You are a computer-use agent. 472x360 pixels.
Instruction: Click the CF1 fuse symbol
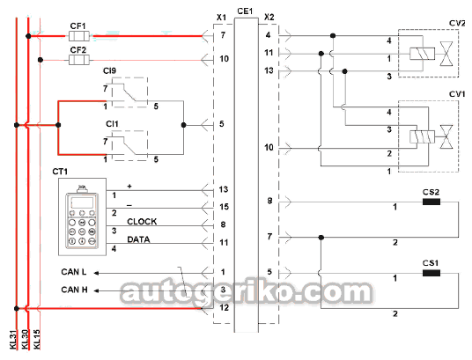point(79,36)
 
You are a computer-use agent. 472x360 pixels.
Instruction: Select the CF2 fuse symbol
point(79,60)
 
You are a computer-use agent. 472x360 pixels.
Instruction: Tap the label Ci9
point(109,70)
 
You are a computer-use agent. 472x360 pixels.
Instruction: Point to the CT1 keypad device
point(82,217)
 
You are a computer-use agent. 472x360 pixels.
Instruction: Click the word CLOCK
point(142,222)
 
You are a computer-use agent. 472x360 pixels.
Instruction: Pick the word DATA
point(138,239)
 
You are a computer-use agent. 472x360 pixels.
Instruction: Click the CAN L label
point(74,272)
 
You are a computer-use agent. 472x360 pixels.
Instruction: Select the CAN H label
point(74,290)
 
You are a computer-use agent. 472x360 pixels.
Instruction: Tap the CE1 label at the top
point(245,11)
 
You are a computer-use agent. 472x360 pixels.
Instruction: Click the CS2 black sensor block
point(431,202)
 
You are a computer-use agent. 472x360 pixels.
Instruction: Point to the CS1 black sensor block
point(431,273)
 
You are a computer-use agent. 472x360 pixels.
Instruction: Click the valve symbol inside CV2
point(446,54)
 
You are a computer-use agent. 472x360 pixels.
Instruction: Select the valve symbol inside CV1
point(446,137)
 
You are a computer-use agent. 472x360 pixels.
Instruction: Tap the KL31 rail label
point(13,340)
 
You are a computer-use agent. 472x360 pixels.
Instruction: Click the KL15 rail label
point(37,340)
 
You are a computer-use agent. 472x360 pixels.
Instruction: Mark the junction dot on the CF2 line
point(41,60)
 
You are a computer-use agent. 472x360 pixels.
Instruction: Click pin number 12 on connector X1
point(225,307)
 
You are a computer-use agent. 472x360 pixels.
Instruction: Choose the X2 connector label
point(269,17)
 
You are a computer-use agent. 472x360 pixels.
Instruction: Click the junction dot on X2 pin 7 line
point(321,238)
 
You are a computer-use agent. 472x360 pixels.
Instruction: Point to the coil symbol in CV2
point(422,54)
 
